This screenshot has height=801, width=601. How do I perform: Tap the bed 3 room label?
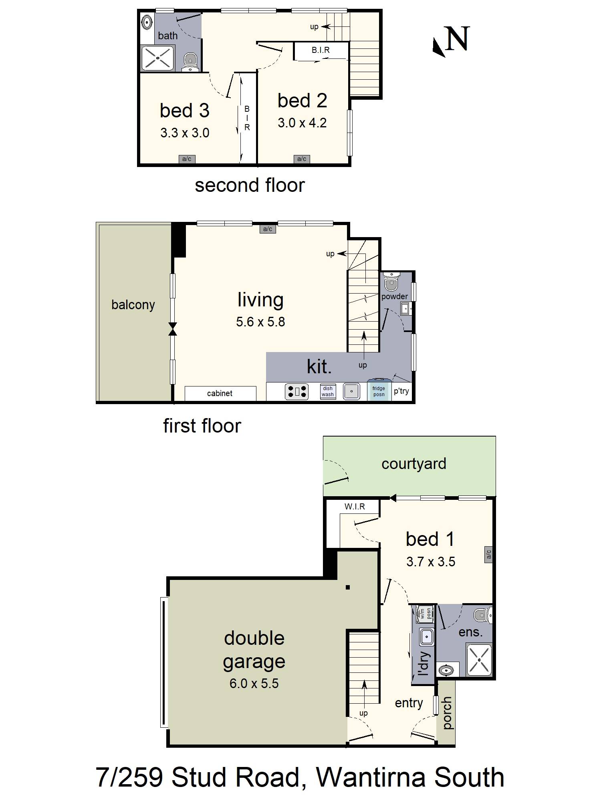tap(184, 111)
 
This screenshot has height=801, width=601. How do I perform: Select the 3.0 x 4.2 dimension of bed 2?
tap(302, 123)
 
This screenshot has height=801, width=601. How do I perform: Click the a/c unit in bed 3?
tap(187, 159)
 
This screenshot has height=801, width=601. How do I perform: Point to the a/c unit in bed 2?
tap(302, 159)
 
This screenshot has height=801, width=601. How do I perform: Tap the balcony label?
tap(133, 305)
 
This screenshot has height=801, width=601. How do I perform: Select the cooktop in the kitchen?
tap(296, 392)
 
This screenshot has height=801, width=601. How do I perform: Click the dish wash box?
tap(327, 392)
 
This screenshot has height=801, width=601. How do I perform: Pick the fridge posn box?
tap(379, 391)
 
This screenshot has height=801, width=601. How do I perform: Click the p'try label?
tap(401, 391)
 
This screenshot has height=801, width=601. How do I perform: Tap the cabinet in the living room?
tap(220, 393)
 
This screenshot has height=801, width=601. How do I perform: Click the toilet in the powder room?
tap(391, 282)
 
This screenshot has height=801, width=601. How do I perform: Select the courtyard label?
tap(413, 464)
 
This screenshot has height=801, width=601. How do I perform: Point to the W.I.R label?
tap(355, 507)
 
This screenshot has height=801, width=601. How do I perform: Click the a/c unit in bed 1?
tap(488, 555)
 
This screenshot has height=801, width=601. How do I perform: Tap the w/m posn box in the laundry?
tap(424, 614)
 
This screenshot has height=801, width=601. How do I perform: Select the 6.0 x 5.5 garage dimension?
tap(254, 683)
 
